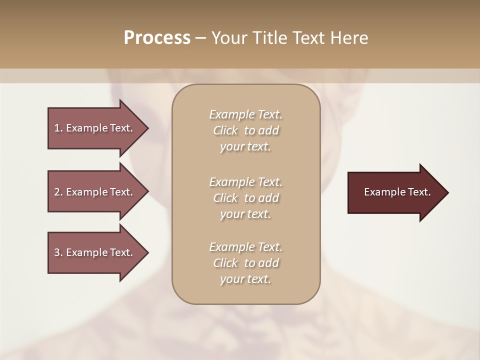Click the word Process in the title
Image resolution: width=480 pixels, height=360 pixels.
[x=157, y=38]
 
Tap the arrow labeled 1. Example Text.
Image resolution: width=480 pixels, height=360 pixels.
[x=95, y=128]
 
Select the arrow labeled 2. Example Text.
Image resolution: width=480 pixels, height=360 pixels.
[x=95, y=192]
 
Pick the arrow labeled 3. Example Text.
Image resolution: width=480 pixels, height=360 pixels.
[x=95, y=252]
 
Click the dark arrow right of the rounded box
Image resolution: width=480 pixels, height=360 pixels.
[x=395, y=192]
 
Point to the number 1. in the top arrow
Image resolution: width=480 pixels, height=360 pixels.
[x=58, y=128]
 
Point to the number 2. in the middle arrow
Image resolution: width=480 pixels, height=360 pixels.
[x=58, y=192]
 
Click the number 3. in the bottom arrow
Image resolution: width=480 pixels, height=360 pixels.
[x=58, y=252]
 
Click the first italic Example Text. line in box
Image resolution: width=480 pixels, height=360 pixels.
[x=245, y=114]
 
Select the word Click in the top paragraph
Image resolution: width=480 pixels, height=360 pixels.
[x=225, y=130]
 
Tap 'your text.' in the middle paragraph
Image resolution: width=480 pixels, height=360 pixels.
[x=245, y=214]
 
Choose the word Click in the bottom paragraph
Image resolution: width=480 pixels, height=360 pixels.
[x=225, y=263]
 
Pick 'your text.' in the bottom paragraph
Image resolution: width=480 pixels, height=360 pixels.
[x=245, y=279]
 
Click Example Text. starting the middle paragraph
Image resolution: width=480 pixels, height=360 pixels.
[x=245, y=181]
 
